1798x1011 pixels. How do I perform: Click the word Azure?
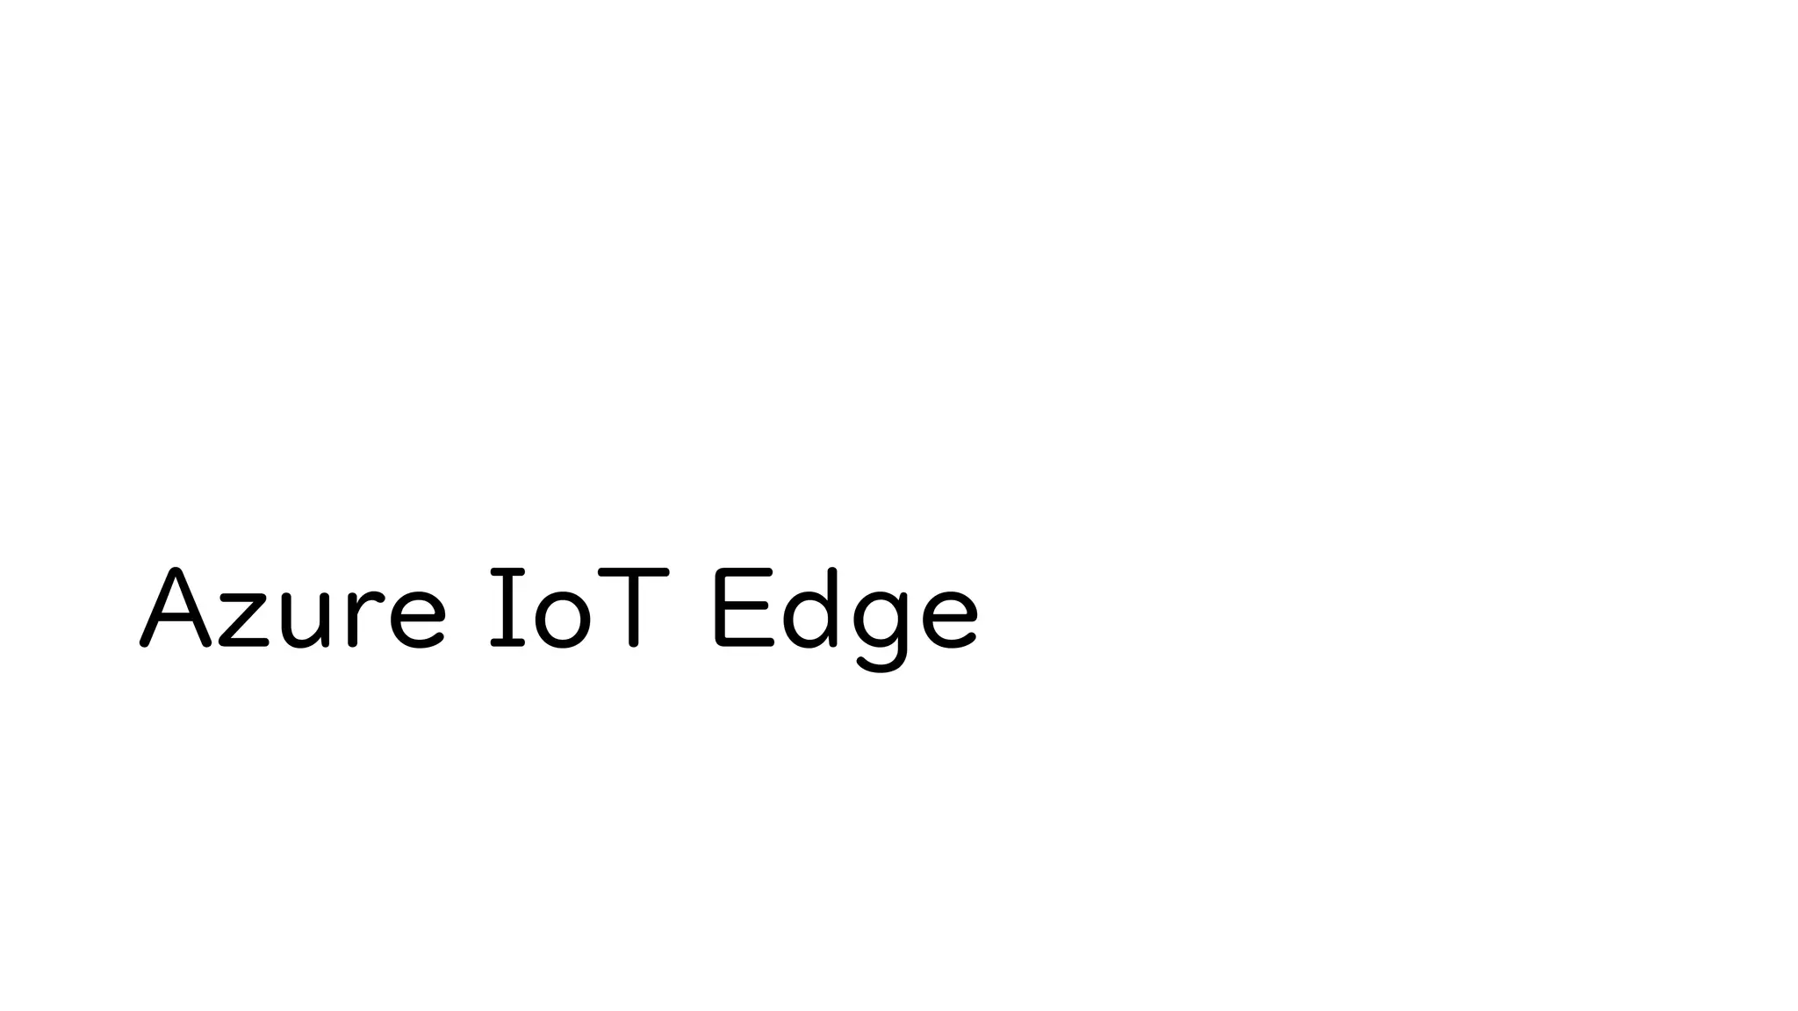[x=293, y=609]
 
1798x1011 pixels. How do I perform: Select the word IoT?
[x=579, y=609]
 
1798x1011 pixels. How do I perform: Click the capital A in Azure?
[x=176, y=609]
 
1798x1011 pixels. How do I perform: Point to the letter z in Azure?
[x=243, y=621]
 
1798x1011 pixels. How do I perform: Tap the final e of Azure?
[x=417, y=620]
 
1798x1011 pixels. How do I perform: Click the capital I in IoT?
[x=507, y=608]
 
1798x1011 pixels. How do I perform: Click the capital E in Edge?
[x=743, y=608]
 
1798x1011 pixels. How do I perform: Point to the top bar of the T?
[x=633, y=573]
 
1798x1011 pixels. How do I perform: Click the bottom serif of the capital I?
[x=507, y=643]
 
